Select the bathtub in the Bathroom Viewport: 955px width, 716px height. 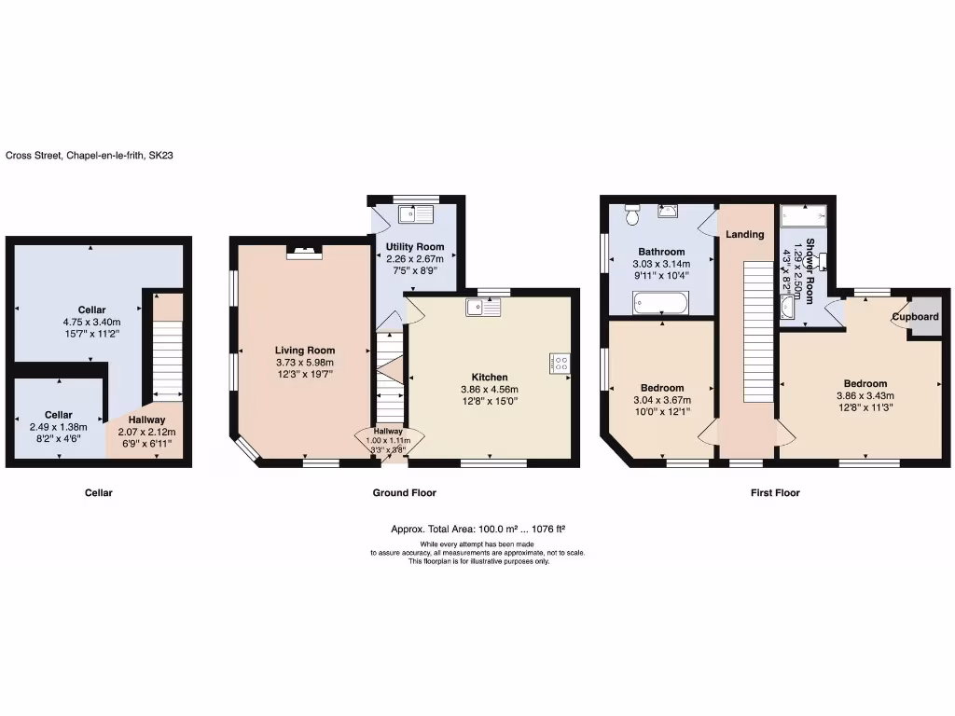[x=660, y=302]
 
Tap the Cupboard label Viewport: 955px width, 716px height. [x=915, y=317]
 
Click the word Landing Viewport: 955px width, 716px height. [x=745, y=234]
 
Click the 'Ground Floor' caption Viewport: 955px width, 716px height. [x=404, y=492]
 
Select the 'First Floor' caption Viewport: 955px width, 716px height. [x=775, y=492]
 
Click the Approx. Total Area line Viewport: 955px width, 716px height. [x=477, y=530]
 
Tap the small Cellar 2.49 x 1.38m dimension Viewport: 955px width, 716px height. [x=58, y=426]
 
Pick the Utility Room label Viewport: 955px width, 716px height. [x=415, y=247]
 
